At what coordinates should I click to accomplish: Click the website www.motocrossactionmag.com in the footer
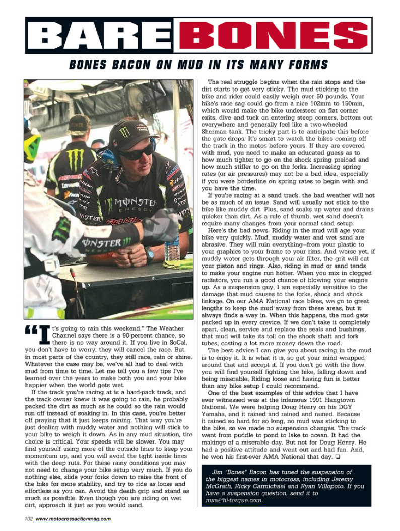pyautogui.click(x=74, y=519)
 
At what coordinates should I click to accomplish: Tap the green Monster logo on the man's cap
pyautogui.click(x=124, y=132)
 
